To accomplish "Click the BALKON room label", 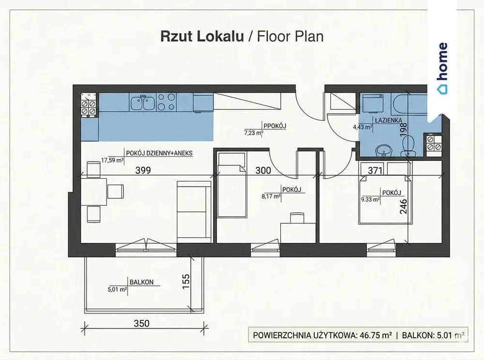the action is click(141, 282).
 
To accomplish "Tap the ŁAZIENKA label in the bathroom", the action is click(389, 120).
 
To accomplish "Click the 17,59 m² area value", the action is click(112, 160).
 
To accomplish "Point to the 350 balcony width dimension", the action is click(142, 323).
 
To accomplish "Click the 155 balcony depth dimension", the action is click(186, 281).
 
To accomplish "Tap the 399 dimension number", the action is click(143, 170).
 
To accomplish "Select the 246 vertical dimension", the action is click(404, 207).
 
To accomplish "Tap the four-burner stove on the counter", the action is click(166, 103).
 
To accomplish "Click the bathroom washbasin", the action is click(384, 150).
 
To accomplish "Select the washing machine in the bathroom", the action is click(373, 104).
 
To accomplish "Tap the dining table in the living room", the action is click(93, 192).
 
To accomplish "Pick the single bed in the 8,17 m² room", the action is click(232, 184).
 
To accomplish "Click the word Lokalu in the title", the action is click(220, 36).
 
